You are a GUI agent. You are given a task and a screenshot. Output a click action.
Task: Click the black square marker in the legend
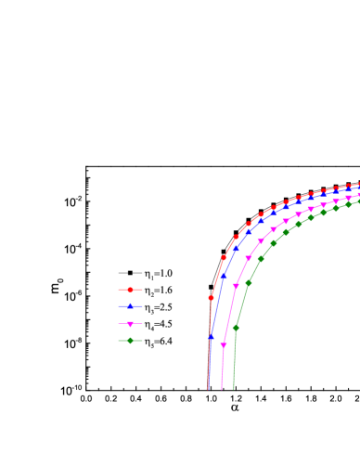[131, 273]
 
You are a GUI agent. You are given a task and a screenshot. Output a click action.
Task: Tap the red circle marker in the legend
[131, 291]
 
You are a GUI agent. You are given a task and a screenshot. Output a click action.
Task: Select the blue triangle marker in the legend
[131, 307]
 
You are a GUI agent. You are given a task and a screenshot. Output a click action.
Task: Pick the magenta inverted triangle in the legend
[131, 325]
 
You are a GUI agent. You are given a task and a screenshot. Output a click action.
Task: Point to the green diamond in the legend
[131, 342]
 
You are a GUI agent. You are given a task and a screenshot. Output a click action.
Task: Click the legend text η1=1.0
[158, 274]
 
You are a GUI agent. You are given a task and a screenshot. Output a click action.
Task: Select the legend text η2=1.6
[158, 291]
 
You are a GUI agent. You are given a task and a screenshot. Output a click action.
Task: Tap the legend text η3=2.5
[158, 307]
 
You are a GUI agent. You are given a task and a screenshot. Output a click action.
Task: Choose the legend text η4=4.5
[158, 325]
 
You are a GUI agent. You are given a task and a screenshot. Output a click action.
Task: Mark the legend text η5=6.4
[158, 342]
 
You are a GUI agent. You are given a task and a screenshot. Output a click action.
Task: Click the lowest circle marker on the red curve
[211, 298]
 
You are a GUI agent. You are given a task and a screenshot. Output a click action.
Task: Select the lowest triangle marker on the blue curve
[211, 337]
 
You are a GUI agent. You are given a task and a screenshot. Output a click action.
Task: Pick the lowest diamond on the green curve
[236, 327]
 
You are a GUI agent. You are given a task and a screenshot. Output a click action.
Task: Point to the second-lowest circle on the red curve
[223, 257]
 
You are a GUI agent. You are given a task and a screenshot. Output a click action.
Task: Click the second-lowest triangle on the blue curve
[224, 276]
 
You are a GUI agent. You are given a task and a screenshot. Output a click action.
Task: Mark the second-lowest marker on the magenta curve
[236, 282]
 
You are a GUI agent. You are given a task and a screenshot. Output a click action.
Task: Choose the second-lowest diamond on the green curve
[249, 282]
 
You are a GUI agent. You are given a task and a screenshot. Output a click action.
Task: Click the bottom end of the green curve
[233, 389]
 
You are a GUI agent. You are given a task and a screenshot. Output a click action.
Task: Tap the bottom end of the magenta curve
[221, 389]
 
